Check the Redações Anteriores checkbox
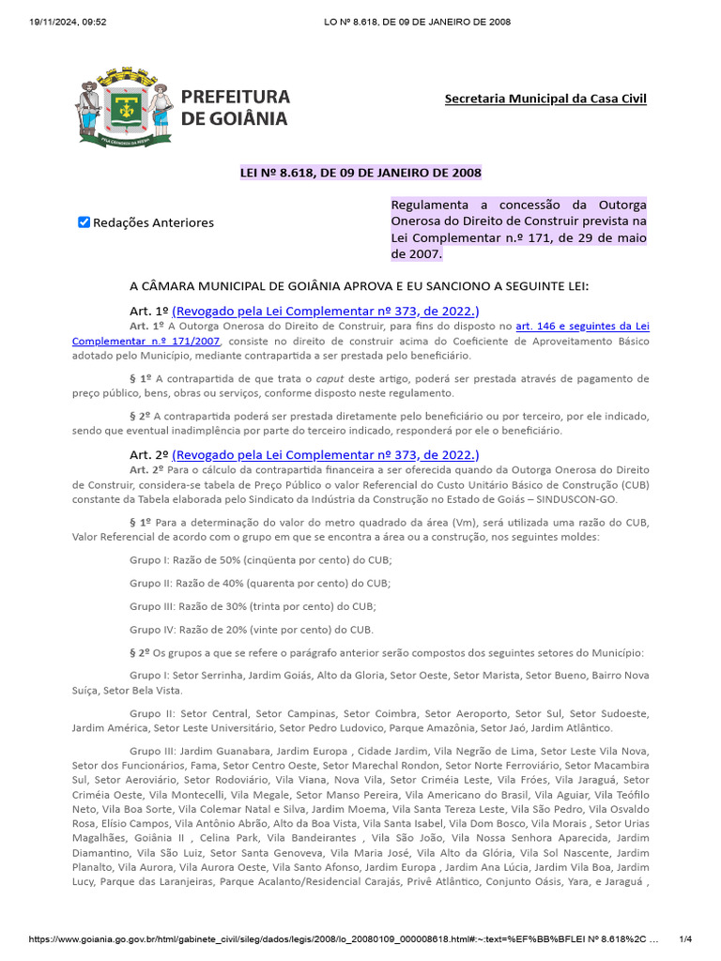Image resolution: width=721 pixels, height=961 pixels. pos(84,222)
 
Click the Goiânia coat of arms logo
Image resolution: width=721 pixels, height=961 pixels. pos(123,107)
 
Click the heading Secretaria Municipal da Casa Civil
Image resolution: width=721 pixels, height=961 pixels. pos(545,99)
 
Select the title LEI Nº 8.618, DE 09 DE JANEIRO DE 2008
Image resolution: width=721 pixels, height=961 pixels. pos(360,173)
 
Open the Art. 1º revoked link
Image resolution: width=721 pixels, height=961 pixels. pos(326,311)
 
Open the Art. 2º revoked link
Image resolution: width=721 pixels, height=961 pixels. pos(326,453)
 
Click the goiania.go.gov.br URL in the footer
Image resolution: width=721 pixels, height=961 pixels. pos(338,939)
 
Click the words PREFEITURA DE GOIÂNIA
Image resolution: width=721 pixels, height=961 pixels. pos(235,108)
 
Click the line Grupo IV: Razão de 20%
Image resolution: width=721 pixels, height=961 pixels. pos(252,629)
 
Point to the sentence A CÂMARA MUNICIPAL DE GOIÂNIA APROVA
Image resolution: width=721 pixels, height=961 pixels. pos(359,286)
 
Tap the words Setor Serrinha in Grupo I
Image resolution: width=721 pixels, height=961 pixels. pos(212,675)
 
